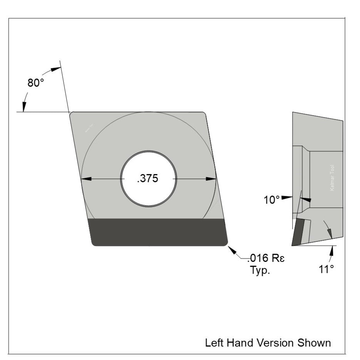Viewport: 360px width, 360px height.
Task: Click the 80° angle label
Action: (36, 83)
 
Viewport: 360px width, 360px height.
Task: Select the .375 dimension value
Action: (148, 179)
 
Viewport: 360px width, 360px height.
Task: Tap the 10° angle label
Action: (271, 200)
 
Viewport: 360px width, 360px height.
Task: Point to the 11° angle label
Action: (326, 269)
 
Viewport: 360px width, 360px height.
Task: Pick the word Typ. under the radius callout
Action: (260, 270)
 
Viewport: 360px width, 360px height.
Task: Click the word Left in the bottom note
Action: (213, 342)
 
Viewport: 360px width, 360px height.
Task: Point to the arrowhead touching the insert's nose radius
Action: (233, 250)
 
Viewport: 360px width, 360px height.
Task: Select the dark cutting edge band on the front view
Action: (158, 232)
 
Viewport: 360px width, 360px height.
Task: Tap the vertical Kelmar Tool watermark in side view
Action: (333, 177)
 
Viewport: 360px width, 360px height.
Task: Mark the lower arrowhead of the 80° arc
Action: (24, 107)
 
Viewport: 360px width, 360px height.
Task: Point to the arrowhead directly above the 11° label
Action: (331, 251)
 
